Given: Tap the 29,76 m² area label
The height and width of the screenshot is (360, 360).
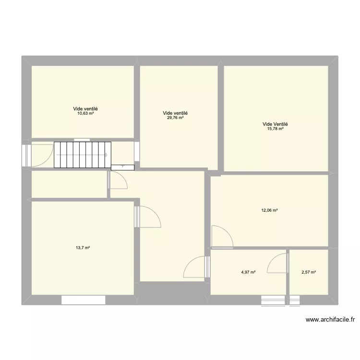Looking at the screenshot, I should coord(175,118).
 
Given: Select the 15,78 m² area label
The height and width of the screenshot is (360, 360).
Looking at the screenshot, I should coord(276,128).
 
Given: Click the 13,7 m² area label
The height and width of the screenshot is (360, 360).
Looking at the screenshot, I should coord(83,248).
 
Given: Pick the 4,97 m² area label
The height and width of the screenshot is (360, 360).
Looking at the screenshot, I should coord(248,272).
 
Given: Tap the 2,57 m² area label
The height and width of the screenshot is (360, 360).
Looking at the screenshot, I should coord(309,272).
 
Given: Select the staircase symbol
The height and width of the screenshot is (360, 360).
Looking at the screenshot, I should coord(82,155).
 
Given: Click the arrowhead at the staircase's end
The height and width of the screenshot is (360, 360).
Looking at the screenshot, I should coord(106,155).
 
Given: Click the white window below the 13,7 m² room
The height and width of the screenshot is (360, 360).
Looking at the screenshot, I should coord(83,300).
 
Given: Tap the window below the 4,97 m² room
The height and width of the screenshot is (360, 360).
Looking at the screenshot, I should coord(273,300).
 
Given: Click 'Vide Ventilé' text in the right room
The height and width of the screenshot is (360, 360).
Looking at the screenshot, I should coord(276,123).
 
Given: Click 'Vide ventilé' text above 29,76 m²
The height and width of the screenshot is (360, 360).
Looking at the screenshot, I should coord(175,113).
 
